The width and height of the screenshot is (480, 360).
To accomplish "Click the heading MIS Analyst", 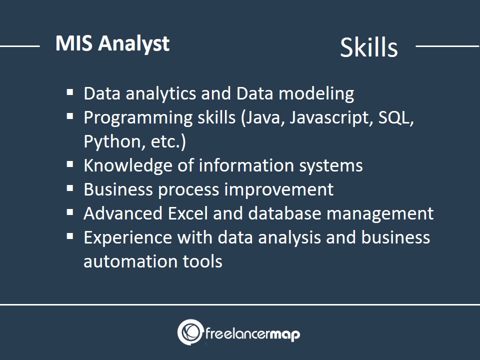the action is click(x=112, y=44).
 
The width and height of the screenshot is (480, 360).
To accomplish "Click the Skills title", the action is click(x=369, y=47).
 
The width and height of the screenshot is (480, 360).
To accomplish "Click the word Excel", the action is click(x=188, y=213).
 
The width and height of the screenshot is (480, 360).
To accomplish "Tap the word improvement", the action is click(x=279, y=190).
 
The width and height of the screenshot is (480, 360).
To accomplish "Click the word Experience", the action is click(x=128, y=238).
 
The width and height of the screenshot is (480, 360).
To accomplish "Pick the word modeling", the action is click(x=316, y=93).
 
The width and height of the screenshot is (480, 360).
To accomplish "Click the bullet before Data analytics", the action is click(x=70, y=92).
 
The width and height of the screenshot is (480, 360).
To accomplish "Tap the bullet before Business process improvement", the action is click(x=70, y=188).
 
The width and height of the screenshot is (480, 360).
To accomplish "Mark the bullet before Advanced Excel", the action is click(x=70, y=212).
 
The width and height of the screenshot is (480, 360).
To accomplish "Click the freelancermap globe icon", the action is click(x=190, y=332).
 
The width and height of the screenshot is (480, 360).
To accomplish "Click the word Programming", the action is click(x=138, y=118).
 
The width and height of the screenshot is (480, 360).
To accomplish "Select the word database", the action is click(x=284, y=213).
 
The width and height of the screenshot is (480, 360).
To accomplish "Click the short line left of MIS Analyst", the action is click(x=20, y=46).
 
